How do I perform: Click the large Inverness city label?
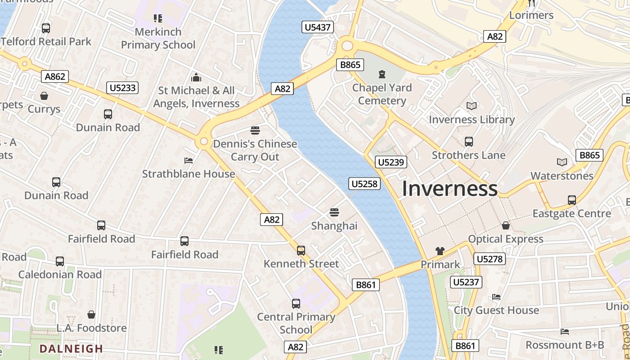(x=449, y=189)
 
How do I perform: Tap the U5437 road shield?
(x=318, y=27)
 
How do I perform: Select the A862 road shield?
(x=55, y=76)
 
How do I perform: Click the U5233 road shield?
(x=122, y=88)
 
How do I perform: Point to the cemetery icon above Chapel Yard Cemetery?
(x=382, y=74)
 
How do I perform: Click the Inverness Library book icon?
(x=471, y=106)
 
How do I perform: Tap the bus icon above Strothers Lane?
(x=468, y=142)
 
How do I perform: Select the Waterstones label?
(x=562, y=176)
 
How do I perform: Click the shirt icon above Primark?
(x=440, y=251)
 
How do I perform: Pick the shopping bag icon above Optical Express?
(x=506, y=225)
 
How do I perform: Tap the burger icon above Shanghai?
(x=334, y=212)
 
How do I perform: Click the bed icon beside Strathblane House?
(x=189, y=161)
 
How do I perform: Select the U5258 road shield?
(x=364, y=184)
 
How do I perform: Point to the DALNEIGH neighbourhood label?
(x=71, y=349)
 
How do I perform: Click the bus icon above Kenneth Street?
(x=301, y=250)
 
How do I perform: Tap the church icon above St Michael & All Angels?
(x=196, y=77)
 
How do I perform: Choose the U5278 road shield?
(x=489, y=259)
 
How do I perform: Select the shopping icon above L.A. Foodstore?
(x=91, y=315)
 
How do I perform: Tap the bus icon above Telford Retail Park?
(x=45, y=28)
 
